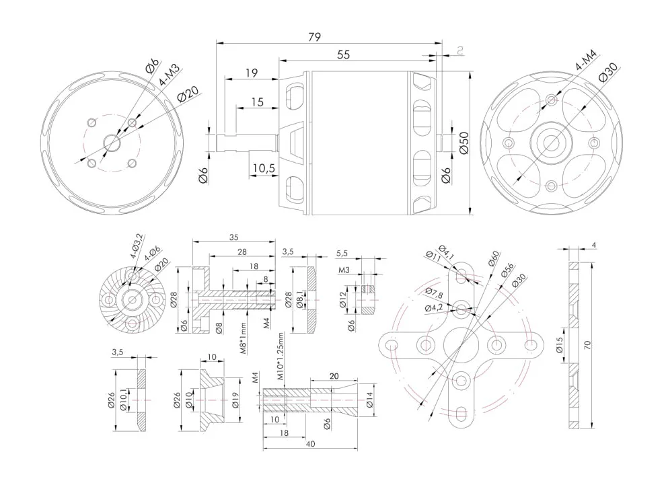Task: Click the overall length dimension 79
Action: (x=313, y=38)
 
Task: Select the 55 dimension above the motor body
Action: (x=343, y=55)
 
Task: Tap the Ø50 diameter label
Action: (x=464, y=143)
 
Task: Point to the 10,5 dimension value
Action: (x=264, y=168)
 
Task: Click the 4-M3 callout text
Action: (x=169, y=75)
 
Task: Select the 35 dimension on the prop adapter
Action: (x=233, y=237)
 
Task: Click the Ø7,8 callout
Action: (x=434, y=293)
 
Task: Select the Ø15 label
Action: (x=560, y=349)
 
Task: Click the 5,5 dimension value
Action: (x=342, y=253)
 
